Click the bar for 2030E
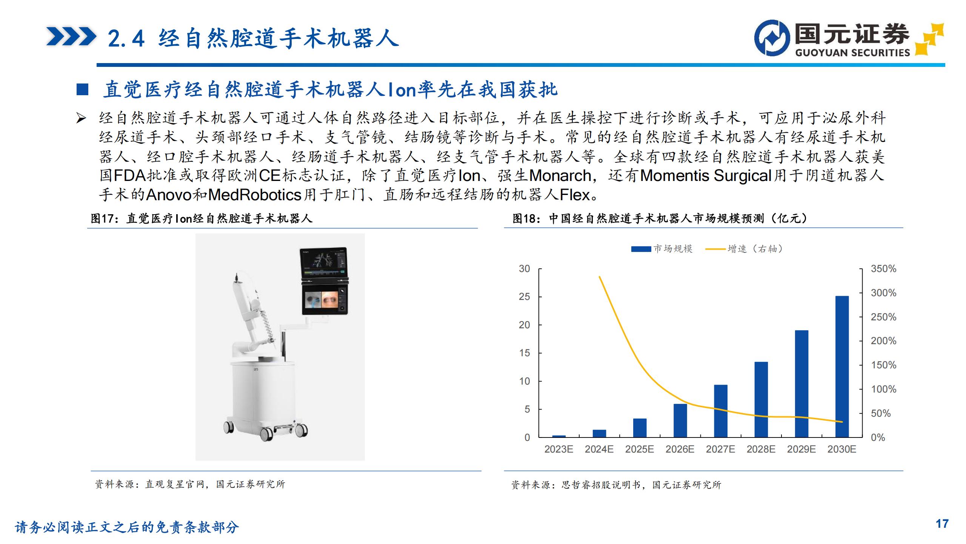tap(842, 366)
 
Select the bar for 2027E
tap(721, 411)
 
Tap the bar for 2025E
tap(640, 428)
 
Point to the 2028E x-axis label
tap(761, 449)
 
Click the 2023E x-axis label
tap(559, 449)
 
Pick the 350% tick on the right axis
tap(883, 269)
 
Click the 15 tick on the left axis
tap(525, 353)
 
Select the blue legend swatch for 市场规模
tap(641, 249)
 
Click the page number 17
tap(942, 524)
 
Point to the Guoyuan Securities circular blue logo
tap(772, 38)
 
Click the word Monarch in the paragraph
tap(560, 176)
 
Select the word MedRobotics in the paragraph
tap(255, 195)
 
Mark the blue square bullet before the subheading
tap(82, 90)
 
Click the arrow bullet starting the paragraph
tap(81, 118)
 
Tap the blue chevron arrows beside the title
tap(71, 37)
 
